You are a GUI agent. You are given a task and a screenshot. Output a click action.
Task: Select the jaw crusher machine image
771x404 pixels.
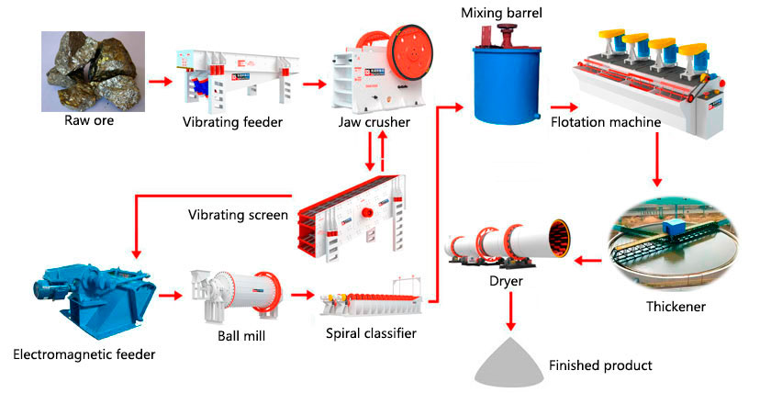point(379,69)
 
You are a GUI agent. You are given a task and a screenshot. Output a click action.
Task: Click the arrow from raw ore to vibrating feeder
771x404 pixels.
point(159,82)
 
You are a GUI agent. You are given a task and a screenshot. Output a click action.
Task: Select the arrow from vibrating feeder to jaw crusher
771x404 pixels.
point(316,83)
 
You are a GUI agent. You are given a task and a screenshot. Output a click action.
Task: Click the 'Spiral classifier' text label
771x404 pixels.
point(371,332)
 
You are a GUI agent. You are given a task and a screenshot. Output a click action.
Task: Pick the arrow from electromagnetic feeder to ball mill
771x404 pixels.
point(170,296)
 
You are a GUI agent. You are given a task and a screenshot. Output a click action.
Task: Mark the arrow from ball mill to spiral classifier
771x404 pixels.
point(301,296)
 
